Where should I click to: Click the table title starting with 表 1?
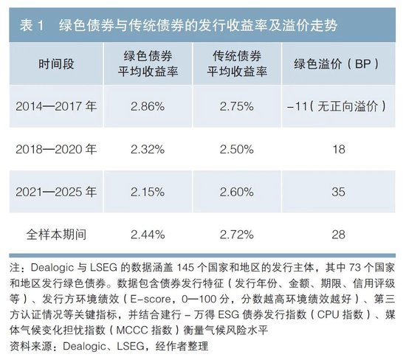[179, 25]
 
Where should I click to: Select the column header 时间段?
[56, 63]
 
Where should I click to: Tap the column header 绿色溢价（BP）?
[338, 63]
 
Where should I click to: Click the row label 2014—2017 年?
[56, 106]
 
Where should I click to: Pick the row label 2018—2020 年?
[56, 149]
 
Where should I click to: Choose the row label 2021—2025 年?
[56, 192]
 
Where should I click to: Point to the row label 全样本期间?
[56, 235]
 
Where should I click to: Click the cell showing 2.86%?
[148, 106]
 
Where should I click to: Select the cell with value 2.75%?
[237, 106]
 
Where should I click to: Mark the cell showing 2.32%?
[148, 149]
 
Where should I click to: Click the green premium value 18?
[338, 149]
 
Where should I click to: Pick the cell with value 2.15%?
[148, 192]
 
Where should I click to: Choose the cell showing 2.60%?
[237, 192]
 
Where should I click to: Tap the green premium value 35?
[338, 192]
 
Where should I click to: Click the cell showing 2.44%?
[148, 235]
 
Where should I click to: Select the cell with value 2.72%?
[237, 235]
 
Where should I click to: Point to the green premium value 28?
[338, 235]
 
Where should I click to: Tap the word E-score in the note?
[150, 300]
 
